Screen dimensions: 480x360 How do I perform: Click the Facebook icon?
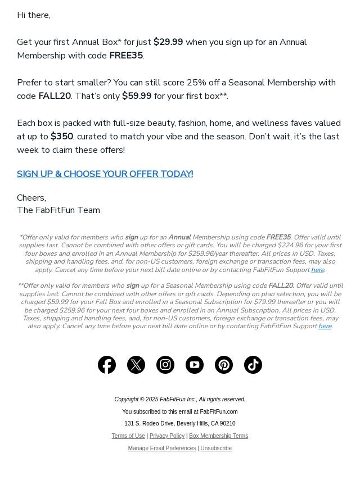tap(107, 365)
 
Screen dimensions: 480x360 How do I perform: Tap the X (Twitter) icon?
tap(136, 365)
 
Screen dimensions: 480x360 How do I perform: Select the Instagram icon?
tap(165, 365)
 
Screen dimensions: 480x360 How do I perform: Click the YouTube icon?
tap(195, 365)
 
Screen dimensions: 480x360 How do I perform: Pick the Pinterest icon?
tap(224, 365)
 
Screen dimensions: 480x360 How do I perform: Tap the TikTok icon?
tap(253, 365)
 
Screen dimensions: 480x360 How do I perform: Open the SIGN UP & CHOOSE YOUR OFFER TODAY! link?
tap(105, 174)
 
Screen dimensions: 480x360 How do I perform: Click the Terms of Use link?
tap(128, 436)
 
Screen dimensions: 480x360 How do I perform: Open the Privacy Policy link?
tap(167, 436)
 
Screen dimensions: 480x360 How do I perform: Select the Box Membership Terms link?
tap(218, 436)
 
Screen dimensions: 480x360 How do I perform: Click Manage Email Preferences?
tap(162, 449)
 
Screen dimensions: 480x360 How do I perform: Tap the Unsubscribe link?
tap(216, 449)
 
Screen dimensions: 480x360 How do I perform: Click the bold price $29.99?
tap(168, 42)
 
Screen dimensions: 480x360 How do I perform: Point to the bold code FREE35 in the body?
tap(126, 56)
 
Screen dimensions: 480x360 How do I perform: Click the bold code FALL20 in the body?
tap(55, 96)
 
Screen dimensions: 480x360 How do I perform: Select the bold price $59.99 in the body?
tap(137, 96)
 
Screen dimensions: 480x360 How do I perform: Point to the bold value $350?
tap(62, 137)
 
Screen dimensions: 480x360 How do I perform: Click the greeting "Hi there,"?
tap(34, 15)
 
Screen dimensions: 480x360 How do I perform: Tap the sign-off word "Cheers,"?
tap(31, 198)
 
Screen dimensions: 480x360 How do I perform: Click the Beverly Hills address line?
tap(180, 424)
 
